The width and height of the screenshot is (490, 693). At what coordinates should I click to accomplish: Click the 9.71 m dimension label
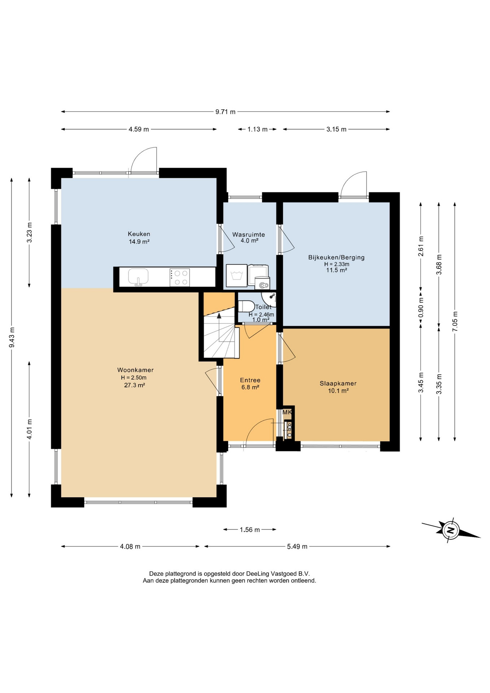226,112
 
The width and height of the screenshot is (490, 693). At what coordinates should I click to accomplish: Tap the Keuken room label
139,234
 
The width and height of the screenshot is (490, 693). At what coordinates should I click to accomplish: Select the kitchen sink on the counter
138,277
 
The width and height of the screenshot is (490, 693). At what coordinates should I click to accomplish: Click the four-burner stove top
180,278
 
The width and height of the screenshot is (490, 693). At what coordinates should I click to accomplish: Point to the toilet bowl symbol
246,306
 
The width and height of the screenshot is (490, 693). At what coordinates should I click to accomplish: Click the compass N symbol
450,530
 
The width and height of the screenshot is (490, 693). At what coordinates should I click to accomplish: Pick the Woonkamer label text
135,370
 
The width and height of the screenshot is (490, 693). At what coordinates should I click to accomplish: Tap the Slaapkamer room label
338,383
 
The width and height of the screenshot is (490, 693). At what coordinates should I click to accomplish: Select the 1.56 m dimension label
250,530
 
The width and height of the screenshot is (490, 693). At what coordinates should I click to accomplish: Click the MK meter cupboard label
287,412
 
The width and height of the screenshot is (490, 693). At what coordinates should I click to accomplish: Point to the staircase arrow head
219,315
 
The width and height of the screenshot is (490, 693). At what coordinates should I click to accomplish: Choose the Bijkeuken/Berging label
336,257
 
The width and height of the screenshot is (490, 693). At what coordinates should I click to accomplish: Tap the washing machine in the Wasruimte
237,276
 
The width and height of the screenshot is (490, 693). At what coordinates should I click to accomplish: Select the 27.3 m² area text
135,385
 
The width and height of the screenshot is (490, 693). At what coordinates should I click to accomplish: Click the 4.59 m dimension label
139,129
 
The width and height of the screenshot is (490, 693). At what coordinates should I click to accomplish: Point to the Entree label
250,380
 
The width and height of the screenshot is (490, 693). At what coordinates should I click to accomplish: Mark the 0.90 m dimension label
421,307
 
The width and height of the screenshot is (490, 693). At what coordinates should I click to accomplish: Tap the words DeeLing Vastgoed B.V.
278,574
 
